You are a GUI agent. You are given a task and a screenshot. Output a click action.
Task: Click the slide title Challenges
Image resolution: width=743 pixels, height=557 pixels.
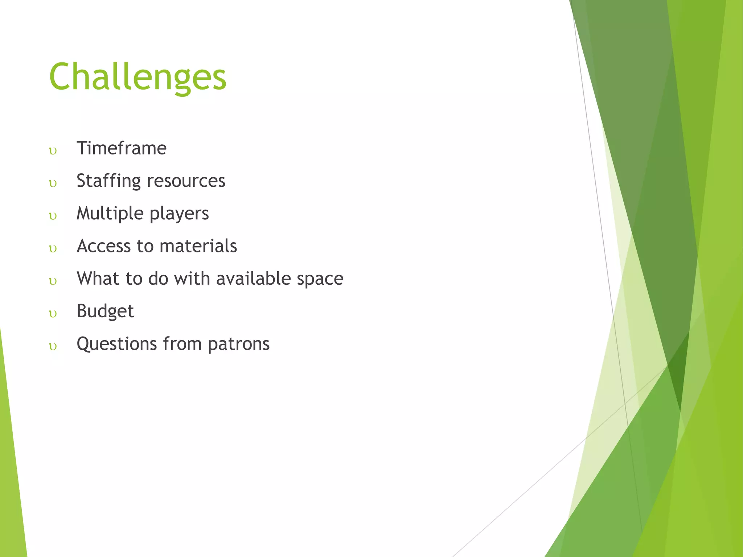[x=138, y=77]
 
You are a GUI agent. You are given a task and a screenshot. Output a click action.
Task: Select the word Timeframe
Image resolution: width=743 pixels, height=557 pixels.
[x=122, y=148]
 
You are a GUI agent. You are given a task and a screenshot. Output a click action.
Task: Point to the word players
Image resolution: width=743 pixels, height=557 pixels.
[x=179, y=214]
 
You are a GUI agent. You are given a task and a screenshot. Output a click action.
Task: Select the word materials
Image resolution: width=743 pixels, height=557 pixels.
[x=198, y=246]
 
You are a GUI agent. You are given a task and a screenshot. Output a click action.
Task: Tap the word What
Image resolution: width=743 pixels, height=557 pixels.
[x=98, y=278]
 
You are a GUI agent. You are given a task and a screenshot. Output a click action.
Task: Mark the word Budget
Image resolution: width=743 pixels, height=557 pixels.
[x=105, y=311]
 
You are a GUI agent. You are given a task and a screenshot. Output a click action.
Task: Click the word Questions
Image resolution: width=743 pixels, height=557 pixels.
[x=116, y=344]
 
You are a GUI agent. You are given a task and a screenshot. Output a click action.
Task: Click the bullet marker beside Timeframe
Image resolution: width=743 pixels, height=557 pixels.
[x=53, y=151]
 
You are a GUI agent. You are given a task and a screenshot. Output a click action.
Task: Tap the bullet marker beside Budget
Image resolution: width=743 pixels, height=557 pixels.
[x=53, y=314]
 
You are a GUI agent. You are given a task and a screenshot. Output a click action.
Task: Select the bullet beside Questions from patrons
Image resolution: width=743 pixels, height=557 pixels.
[x=53, y=346]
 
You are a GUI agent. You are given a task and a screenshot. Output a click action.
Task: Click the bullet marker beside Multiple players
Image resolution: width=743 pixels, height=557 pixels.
[x=53, y=216]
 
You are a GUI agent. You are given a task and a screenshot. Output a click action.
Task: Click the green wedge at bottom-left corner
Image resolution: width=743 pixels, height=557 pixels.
[x=11, y=490]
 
